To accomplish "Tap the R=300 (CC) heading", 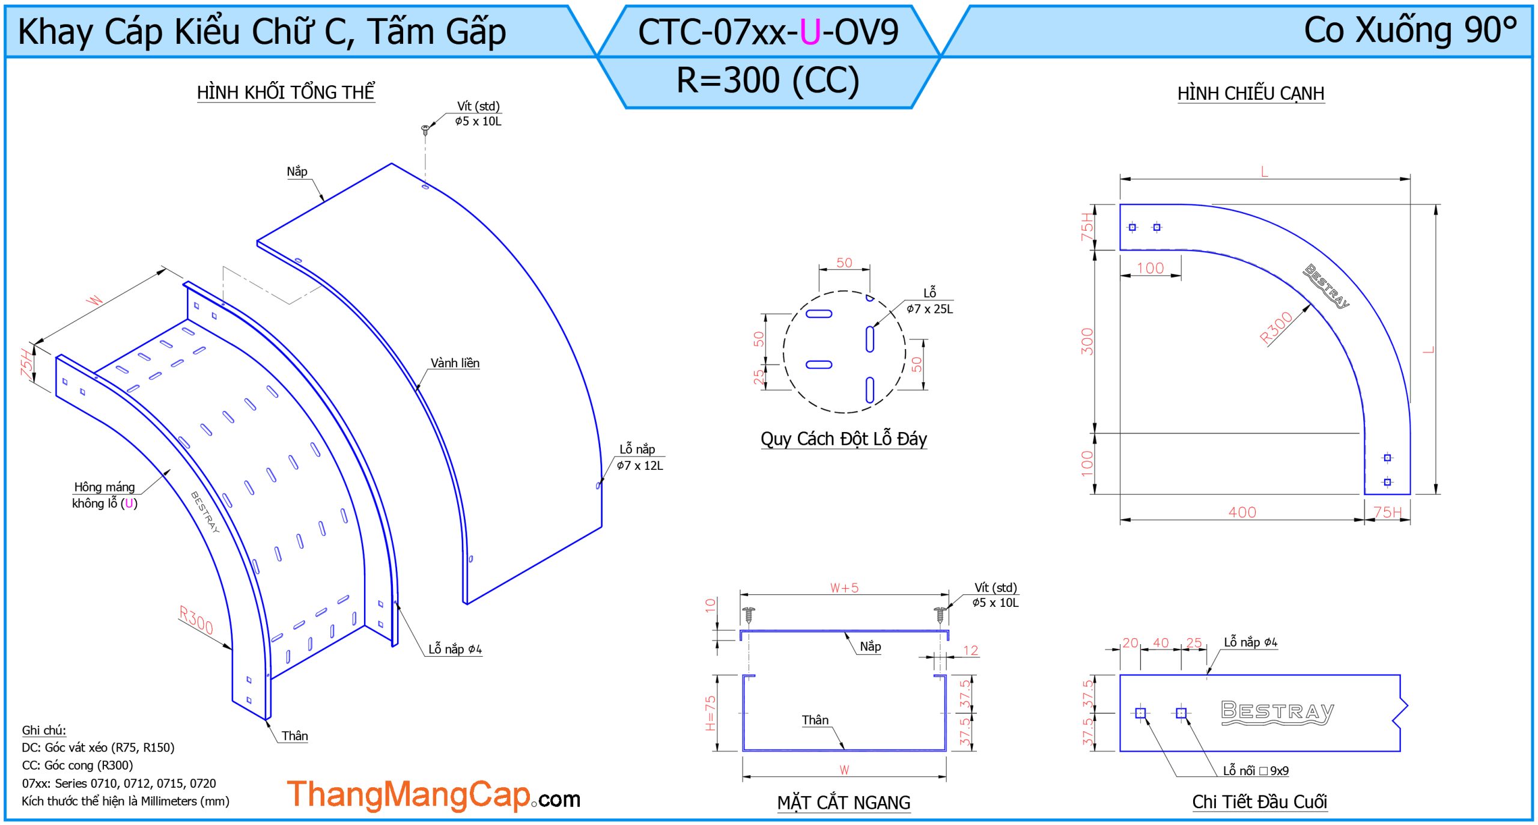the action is tap(768, 80).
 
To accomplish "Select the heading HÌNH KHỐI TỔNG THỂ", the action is tap(286, 92).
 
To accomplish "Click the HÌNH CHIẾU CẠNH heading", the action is tap(1251, 93).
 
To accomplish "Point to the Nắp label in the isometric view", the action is tap(297, 171).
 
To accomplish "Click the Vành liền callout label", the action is tap(455, 363).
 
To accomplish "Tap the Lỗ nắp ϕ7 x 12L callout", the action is tap(640, 457).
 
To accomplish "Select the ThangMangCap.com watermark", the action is tap(433, 794).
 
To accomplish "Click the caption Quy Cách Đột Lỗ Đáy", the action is tap(843, 439).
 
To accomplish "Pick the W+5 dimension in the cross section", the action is tap(844, 588).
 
